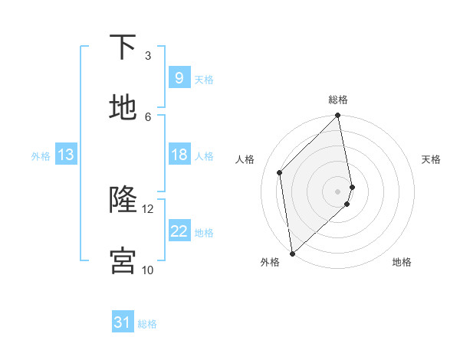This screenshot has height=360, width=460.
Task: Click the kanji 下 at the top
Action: click(123, 47)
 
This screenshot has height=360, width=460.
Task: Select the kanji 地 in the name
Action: click(123, 108)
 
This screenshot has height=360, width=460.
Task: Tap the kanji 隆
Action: click(123, 200)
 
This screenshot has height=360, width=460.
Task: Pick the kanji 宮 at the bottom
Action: click(123, 260)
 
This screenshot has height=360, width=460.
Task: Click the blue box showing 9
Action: click(179, 78)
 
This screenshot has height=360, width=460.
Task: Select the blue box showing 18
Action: click(179, 155)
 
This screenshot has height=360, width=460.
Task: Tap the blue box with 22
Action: click(179, 231)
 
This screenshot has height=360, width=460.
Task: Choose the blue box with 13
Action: click(65, 155)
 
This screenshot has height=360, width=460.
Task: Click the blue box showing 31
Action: click(123, 322)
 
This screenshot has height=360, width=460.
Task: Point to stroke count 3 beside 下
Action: click(148, 56)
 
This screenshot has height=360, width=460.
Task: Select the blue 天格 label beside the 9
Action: click(204, 79)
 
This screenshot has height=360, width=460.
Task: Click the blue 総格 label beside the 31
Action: click(147, 323)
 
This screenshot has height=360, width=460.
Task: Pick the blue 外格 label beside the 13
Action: click(41, 155)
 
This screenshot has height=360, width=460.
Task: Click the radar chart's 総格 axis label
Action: click(338, 100)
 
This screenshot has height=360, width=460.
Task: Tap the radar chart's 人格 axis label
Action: click(245, 159)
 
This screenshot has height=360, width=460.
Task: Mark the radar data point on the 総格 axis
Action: click(338, 116)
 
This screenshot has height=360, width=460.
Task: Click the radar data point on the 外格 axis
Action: click(292, 253)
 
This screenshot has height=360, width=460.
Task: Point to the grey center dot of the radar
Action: click(338, 190)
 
